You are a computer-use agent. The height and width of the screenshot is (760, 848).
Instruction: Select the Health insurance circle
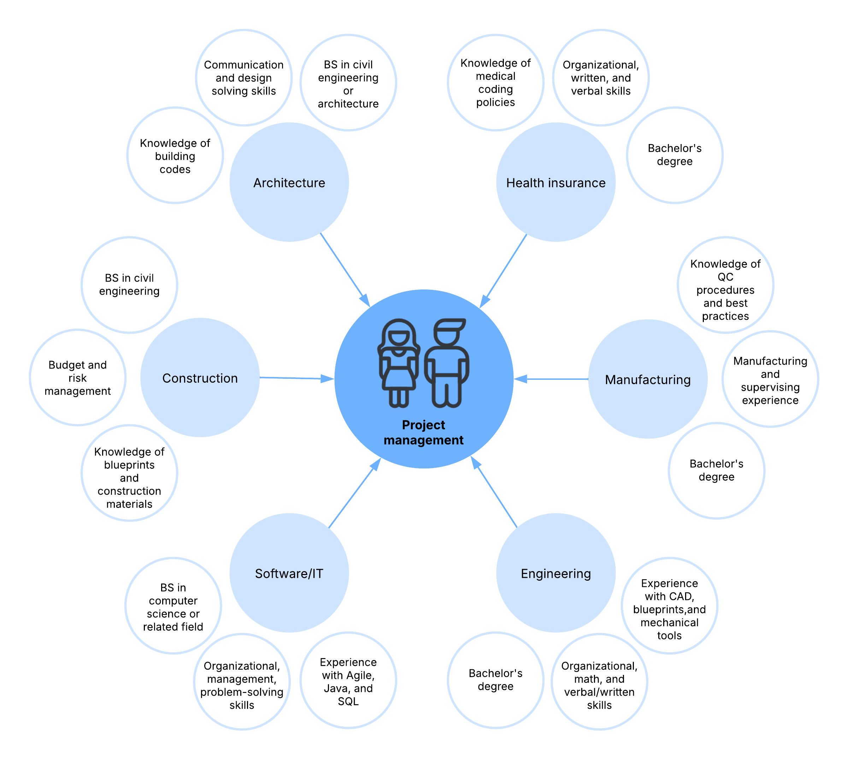pyautogui.click(x=555, y=182)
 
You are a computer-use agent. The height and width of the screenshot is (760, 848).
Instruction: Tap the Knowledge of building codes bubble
pyautogui.click(x=175, y=155)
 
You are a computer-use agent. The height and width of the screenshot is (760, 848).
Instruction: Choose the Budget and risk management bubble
pyautogui.click(x=78, y=377)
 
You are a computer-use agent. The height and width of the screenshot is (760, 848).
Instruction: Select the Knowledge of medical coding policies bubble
pyautogui.click(x=495, y=83)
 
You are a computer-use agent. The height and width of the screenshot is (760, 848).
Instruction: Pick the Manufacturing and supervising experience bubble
pyautogui.click(x=770, y=379)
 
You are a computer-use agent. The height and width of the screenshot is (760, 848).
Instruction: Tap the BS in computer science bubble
pyautogui.click(x=173, y=606)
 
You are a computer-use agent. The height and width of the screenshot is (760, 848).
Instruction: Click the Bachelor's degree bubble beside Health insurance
pyautogui.click(x=675, y=155)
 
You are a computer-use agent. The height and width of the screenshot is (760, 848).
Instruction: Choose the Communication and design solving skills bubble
pyautogui.click(x=244, y=78)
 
